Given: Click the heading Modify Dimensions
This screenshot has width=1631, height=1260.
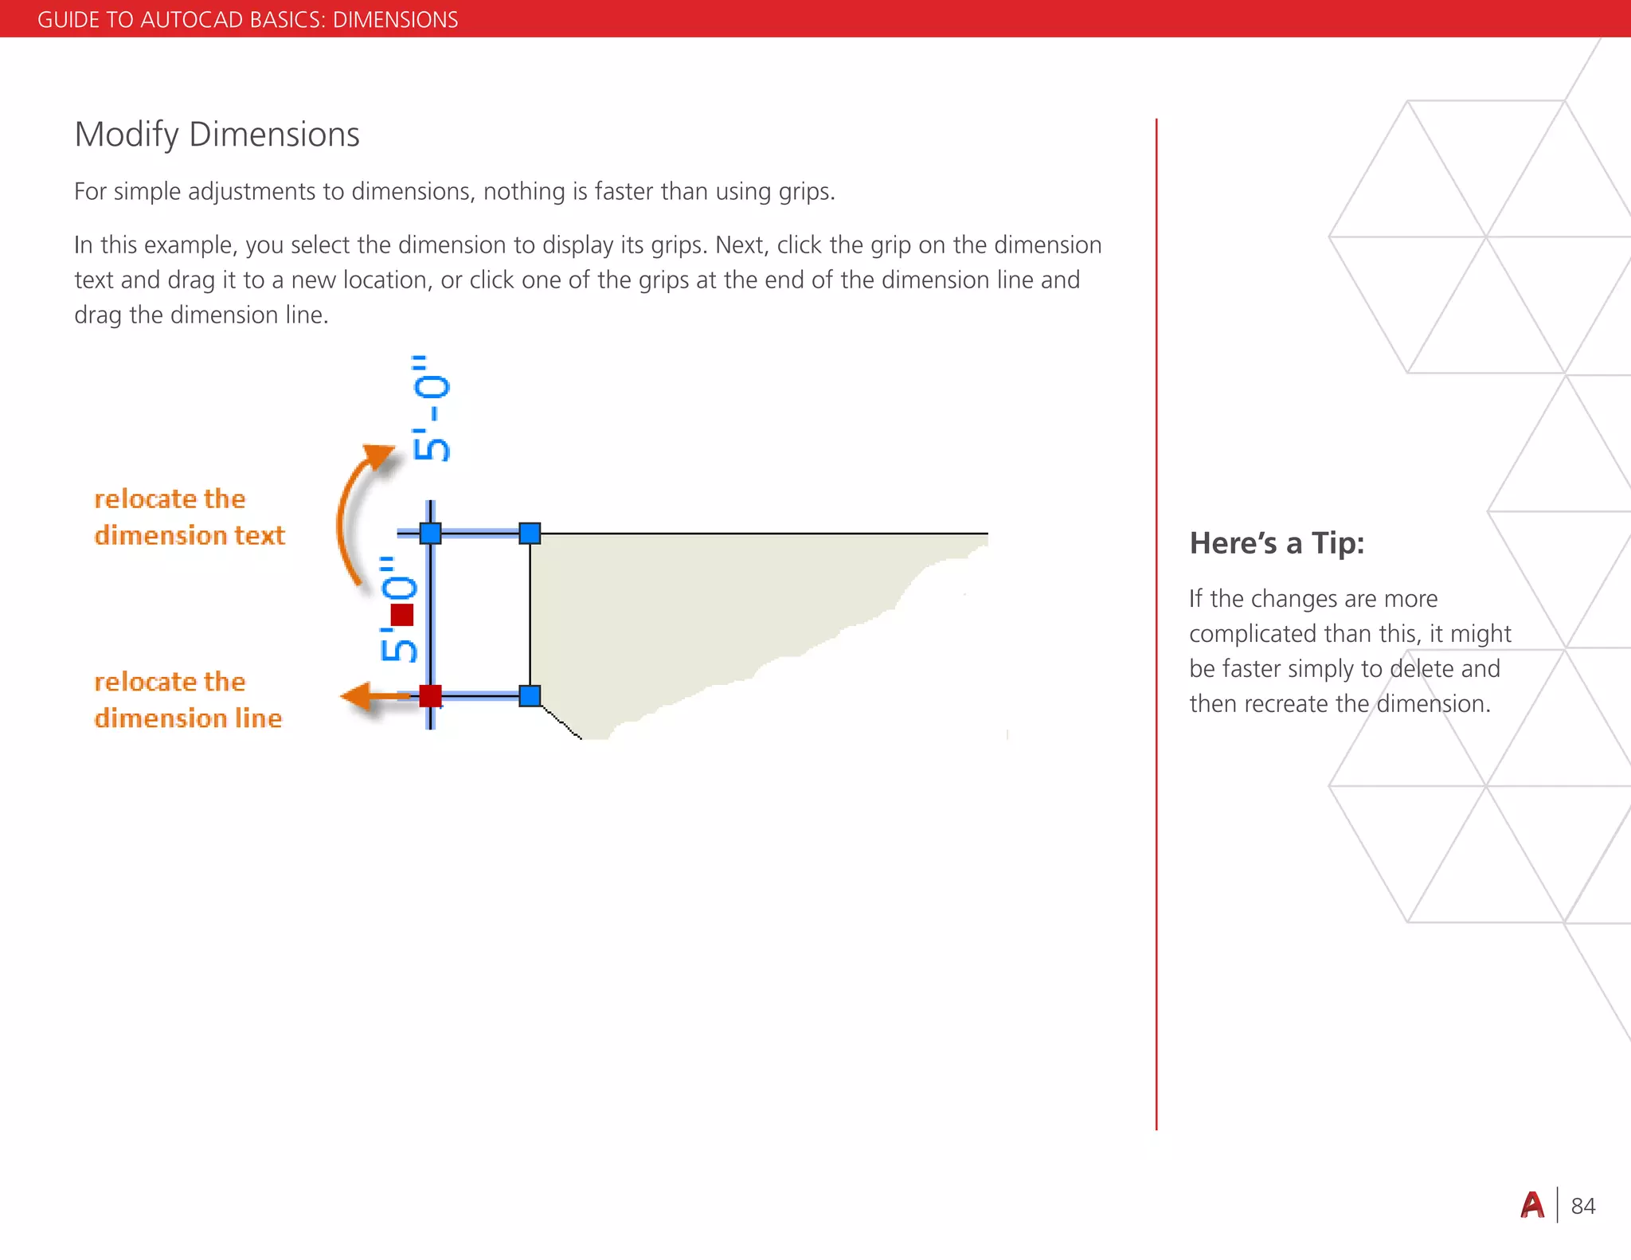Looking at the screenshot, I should pyautogui.click(x=217, y=135).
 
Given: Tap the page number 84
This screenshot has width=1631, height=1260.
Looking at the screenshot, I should pyautogui.click(x=1582, y=1206).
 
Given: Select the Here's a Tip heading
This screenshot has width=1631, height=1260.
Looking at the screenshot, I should pyautogui.click(x=1276, y=543).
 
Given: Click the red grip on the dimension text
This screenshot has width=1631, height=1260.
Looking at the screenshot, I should pyautogui.click(x=402, y=615).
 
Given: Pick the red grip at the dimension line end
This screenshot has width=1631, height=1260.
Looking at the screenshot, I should pyautogui.click(x=430, y=695).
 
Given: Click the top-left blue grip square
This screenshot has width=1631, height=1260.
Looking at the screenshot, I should pyautogui.click(x=430, y=533).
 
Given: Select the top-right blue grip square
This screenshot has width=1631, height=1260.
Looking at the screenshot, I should pyautogui.click(x=530, y=533).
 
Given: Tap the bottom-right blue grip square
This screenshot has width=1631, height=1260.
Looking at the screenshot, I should pyautogui.click(x=530, y=695).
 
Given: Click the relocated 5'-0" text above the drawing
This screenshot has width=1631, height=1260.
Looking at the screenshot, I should pyautogui.click(x=431, y=408).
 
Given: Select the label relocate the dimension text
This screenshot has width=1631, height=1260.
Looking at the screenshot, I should pyautogui.click(x=189, y=517).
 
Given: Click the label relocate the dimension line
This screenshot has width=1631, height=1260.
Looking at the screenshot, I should pyautogui.click(x=188, y=700).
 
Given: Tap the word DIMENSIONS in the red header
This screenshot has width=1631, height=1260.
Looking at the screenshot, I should pyautogui.click(x=395, y=19).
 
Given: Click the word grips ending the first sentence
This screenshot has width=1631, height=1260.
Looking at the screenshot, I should pyautogui.click(x=804, y=192).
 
